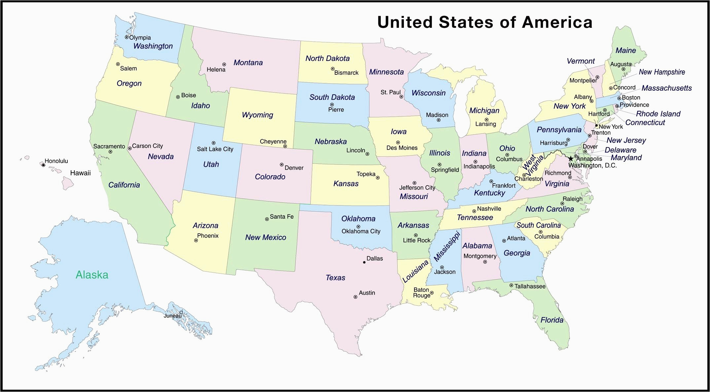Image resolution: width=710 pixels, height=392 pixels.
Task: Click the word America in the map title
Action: (557, 22)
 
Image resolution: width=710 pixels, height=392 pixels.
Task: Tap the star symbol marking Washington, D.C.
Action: (571, 159)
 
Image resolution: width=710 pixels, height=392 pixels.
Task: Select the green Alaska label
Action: (92, 275)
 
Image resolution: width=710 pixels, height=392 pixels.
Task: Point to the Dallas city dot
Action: (364, 262)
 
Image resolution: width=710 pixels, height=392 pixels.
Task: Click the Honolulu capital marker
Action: (43, 165)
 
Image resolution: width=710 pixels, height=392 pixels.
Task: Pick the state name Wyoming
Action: (257, 115)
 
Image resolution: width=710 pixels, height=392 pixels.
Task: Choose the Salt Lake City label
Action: (215, 149)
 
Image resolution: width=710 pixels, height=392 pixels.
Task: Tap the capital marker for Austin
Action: (355, 297)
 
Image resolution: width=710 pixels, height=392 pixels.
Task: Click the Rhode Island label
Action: (658, 114)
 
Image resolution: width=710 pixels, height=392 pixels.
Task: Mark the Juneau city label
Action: (172, 316)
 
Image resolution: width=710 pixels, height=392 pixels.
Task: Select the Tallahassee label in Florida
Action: (530, 286)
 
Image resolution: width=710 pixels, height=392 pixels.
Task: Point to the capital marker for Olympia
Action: (126, 37)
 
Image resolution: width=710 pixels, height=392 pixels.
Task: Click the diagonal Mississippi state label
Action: (446, 246)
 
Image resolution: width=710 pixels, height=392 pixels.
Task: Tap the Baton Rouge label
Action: (421, 292)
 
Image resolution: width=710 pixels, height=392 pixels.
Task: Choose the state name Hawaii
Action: (80, 173)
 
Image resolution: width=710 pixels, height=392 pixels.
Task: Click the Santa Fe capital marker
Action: (267, 219)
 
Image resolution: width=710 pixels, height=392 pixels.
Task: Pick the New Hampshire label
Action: (662, 72)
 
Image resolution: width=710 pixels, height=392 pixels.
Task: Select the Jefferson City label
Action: (417, 188)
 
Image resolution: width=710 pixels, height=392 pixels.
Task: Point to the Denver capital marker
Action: (282, 164)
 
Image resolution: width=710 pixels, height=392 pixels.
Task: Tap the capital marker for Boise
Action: (178, 97)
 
